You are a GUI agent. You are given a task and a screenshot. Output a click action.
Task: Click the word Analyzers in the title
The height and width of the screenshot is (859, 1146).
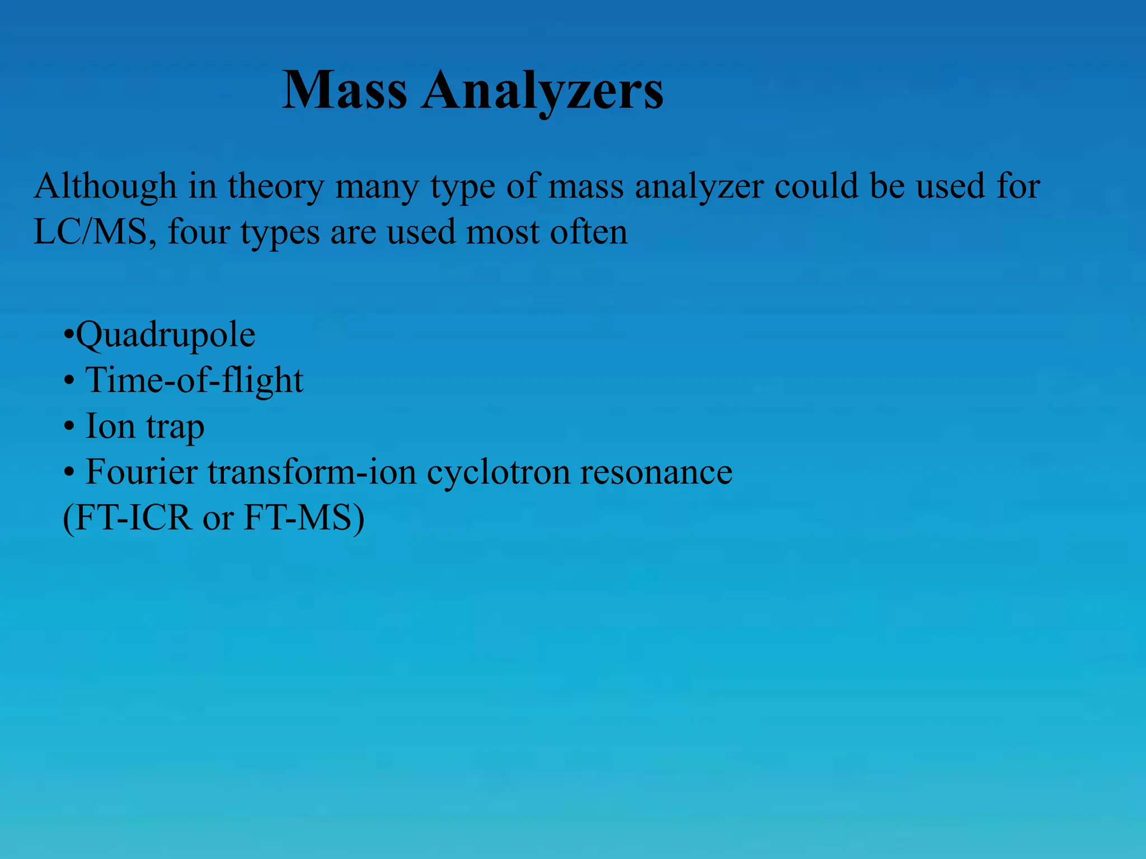543,91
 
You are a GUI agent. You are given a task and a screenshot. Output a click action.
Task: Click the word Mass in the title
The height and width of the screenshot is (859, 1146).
345,91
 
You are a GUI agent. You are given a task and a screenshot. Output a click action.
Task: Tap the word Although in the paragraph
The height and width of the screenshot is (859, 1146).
105,186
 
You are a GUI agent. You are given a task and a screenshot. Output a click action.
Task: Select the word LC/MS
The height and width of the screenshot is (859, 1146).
90,232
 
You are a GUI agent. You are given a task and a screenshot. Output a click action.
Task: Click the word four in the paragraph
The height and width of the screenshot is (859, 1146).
199,232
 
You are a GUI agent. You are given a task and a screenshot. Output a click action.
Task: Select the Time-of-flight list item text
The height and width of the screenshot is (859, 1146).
194,381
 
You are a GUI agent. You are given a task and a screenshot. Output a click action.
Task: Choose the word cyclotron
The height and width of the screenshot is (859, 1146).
497,473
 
